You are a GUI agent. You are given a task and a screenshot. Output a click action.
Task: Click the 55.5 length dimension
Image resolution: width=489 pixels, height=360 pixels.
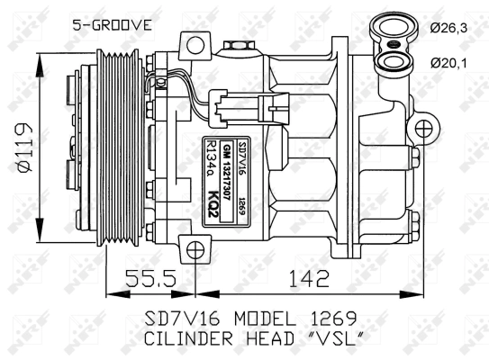[149, 280]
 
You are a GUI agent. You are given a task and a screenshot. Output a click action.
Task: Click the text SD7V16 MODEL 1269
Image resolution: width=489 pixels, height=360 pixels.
[251, 318]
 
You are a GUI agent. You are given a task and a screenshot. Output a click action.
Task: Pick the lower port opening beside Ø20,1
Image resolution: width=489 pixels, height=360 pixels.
[394, 61]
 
